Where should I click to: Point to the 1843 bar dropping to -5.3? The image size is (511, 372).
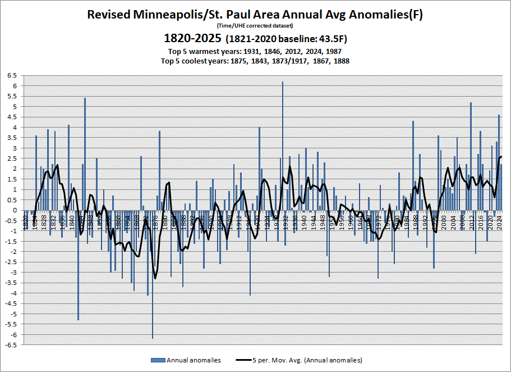click(x=78, y=265)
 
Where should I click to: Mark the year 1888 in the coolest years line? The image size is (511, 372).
click(x=340, y=61)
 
